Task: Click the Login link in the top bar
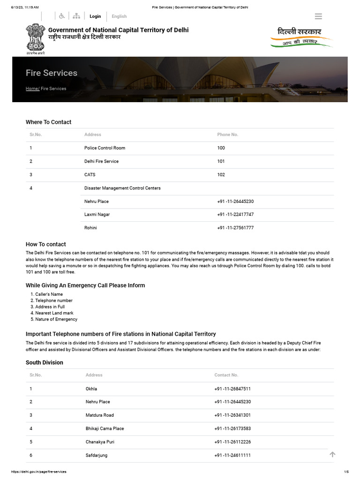95,16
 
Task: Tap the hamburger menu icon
318,16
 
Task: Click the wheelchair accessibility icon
62,16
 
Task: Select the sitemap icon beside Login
76,16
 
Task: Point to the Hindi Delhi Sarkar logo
301,37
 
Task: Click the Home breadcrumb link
32,89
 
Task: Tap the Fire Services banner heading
52,73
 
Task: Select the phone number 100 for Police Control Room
221,148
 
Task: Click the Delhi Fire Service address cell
101,161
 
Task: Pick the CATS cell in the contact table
90,175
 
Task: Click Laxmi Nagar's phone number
235,215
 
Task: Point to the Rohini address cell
90,228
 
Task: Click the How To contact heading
46,244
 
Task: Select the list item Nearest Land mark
54,313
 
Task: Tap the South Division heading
45,363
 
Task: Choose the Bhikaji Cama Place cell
105,428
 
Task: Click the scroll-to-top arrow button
332,454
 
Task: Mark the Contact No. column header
226,375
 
